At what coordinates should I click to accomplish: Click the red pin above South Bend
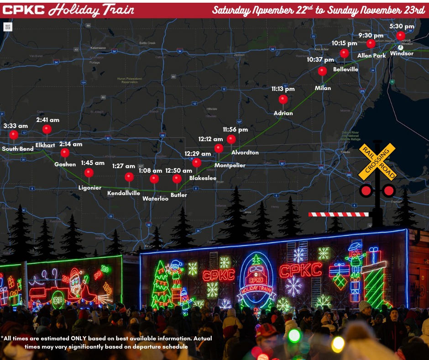pos(14,135)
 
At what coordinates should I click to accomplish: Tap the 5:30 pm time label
pos(402,26)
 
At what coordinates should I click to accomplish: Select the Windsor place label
pos(402,53)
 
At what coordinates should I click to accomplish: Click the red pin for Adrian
pos(283,99)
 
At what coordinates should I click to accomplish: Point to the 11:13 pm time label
pos(283,89)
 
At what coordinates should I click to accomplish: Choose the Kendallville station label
pos(124,193)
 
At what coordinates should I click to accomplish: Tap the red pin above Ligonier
pos(89,173)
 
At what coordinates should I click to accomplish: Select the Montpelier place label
pos(230,165)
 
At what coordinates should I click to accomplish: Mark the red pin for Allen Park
pos(371,43)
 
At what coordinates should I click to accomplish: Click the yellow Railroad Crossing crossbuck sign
pos(377,161)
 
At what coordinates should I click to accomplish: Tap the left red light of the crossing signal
pos(366,191)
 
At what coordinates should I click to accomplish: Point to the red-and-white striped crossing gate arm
pos(338,214)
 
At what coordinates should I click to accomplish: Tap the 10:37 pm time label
pos(320,59)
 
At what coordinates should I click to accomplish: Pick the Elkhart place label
pos(45,145)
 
